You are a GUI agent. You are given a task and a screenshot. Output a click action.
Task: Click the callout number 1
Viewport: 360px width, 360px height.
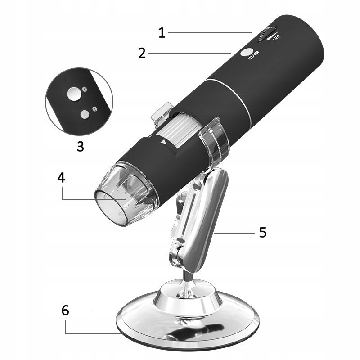pos(162,32)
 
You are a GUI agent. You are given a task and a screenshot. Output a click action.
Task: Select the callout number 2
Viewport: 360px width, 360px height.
pos(142,53)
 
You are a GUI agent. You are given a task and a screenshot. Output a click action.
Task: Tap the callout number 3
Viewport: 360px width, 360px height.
pos(81,146)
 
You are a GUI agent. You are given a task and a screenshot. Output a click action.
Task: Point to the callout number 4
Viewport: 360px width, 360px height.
pos(61,177)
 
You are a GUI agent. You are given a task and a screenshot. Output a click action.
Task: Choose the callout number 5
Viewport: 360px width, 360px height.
pos(263,232)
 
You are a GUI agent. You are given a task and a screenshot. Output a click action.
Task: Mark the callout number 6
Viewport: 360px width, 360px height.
pos(65,310)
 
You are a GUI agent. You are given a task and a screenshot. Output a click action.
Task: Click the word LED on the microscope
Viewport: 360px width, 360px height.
pos(276,38)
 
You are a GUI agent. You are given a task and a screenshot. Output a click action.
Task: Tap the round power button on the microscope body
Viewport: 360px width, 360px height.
pos(246,52)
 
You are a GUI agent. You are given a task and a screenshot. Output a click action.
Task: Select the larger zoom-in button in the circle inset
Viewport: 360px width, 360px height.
pos(74,94)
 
